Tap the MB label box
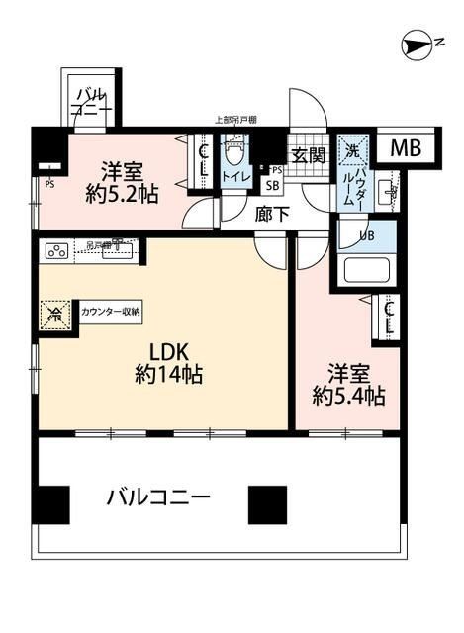404,148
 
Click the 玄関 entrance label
308,154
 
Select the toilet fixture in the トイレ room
234,154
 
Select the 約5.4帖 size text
349,396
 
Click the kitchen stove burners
55,250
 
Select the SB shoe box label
271,183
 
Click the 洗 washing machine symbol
350,152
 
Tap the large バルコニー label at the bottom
158,497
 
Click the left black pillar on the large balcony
53,505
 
